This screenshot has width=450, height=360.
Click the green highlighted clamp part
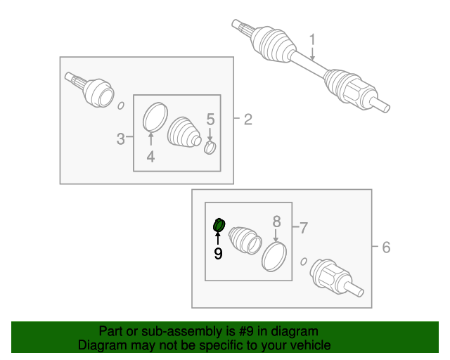pos(219,225)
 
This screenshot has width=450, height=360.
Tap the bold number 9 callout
pos(218,254)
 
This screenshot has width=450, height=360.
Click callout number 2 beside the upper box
pos(248,120)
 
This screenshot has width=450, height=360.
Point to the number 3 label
pos(120,139)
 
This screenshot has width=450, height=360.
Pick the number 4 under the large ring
pos(150,157)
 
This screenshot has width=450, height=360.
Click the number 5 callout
pos(210,119)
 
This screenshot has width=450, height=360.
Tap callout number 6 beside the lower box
pos(386,247)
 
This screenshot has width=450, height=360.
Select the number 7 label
pos(304,229)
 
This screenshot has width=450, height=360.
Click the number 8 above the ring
pos(276,221)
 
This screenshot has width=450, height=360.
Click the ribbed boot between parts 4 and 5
pos(184,132)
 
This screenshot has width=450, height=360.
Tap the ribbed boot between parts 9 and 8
pos(245,240)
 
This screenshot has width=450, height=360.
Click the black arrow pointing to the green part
pos(218,239)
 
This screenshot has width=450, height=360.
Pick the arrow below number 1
pos(312,53)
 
